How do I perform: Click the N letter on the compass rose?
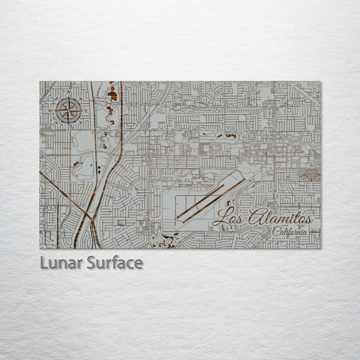(69, 98)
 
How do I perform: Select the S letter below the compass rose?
(69, 128)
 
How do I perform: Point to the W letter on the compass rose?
(51, 110)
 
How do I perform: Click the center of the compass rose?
(69, 110)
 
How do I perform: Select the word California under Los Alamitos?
(290, 231)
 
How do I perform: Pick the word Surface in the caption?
(114, 262)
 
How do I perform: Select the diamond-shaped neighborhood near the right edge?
(309, 174)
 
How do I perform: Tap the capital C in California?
(275, 231)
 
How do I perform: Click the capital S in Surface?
(91, 262)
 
